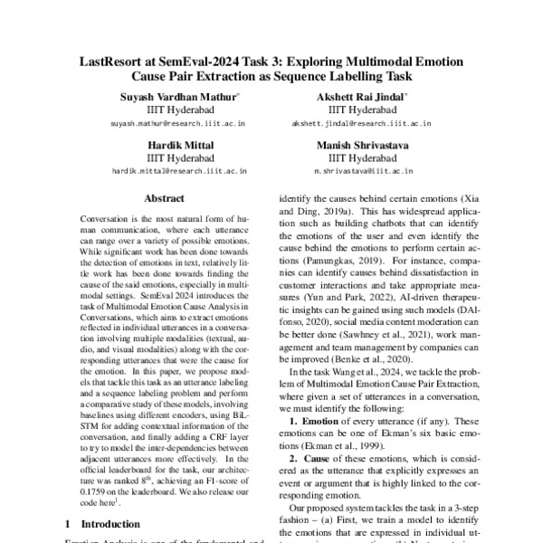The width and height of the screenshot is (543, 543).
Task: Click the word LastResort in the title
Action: point(115,62)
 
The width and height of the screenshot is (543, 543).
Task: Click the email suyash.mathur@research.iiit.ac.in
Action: point(177,121)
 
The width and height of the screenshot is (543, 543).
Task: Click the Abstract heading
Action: point(164,199)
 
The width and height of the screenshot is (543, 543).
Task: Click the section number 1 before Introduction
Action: point(69,523)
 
